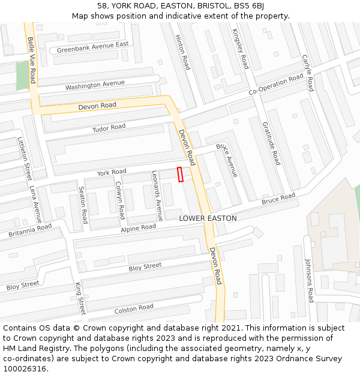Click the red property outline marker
click(x=180, y=174)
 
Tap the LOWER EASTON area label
click(x=208, y=218)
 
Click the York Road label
click(x=112, y=172)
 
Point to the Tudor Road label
click(x=109, y=128)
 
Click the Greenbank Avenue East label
click(x=92, y=47)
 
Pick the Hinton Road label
click(x=182, y=52)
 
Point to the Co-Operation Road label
click(x=276, y=85)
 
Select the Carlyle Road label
click(x=308, y=73)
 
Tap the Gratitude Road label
click(x=271, y=143)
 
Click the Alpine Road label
click(x=138, y=228)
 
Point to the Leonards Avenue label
click(x=157, y=196)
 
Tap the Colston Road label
click(x=134, y=309)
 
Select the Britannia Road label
click(x=30, y=231)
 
